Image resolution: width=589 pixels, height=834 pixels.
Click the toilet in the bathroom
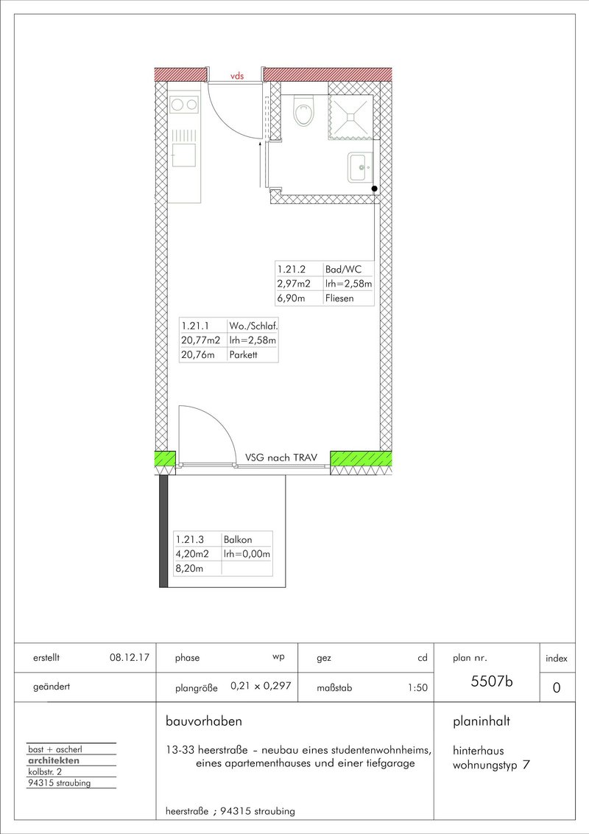pos(304,111)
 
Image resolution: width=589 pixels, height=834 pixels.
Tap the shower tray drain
pos(350,113)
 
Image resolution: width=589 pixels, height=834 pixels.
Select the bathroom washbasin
pos(361,167)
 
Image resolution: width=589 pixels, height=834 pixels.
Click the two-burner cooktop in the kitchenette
pos(184,105)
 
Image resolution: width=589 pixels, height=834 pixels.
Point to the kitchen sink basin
pos(183,155)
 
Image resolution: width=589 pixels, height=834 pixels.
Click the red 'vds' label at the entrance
pos(237,76)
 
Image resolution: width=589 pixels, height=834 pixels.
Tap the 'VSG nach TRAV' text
pos(281,458)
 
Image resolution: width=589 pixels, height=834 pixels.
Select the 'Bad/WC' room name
pos(343,270)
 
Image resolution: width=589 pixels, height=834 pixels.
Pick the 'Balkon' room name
pos(238,539)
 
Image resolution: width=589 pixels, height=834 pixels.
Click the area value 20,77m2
pos(200,340)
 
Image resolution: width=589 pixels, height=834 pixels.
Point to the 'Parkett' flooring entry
pos(243,355)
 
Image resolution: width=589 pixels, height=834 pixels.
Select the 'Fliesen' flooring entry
pos(339,298)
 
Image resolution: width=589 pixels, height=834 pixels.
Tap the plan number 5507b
pos(492,681)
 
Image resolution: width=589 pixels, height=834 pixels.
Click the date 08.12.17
pos(130,657)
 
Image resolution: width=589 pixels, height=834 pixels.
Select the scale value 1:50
pos(418,687)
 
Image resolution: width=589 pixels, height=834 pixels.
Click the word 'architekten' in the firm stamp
pos(54,760)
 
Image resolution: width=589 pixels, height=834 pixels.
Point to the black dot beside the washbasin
pos(374,189)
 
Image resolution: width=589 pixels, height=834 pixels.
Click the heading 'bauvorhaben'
pos(204,721)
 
